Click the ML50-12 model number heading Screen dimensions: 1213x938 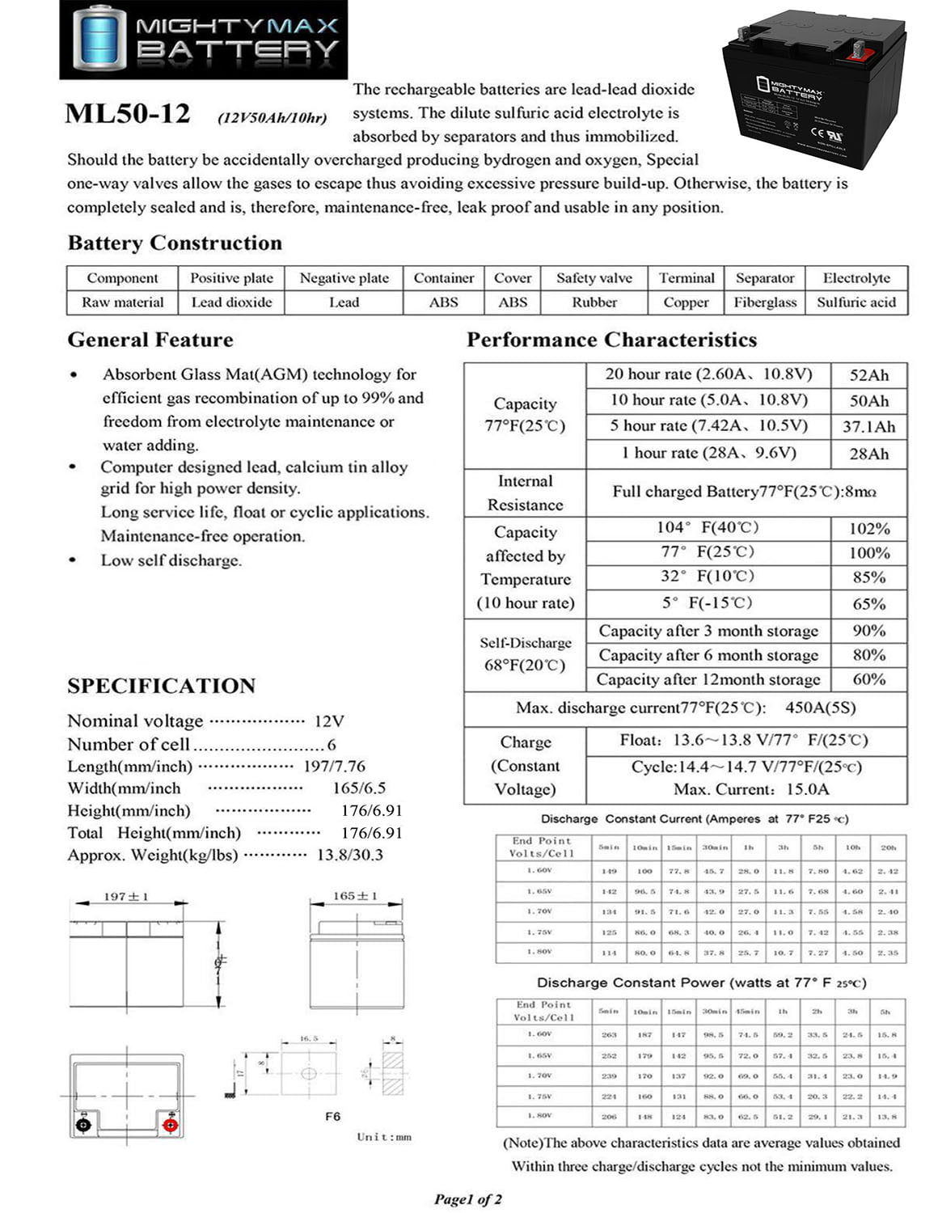pyautogui.click(x=128, y=114)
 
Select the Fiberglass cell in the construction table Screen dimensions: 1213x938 pyautogui.click(x=765, y=302)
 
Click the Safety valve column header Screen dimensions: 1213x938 pyautogui.click(x=594, y=278)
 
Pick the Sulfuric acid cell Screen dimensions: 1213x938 pyautogui.click(x=856, y=302)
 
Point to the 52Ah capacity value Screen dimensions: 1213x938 pyautogui.click(x=868, y=375)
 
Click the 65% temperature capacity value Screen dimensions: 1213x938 pyautogui.click(x=868, y=604)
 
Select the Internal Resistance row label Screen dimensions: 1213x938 pyautogui.click(x=525, y=492)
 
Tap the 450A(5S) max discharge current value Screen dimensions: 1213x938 pyautogui.click(x=820, y=708)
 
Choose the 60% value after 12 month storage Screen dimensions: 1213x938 pyautogui.click(x=868, y=679)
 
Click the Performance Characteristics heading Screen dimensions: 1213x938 pyautogui.click(x=611, y=340)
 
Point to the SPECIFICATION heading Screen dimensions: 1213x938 pyautogui.click(x=161, y=686)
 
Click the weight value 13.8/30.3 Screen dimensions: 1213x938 pyautogui.click(x=349, y=855)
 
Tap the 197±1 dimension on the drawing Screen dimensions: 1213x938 pyautogui.click(x=125, y=897)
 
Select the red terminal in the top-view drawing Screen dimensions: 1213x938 pyautogui.click(x=170, y=1125)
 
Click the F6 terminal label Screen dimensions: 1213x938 pyautogui.click(x=332, y=1116)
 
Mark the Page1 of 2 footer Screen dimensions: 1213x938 pyautogui.click(x=467, y=1199)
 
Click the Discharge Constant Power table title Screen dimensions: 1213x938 pyautogui.click(x=701, y=983)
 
